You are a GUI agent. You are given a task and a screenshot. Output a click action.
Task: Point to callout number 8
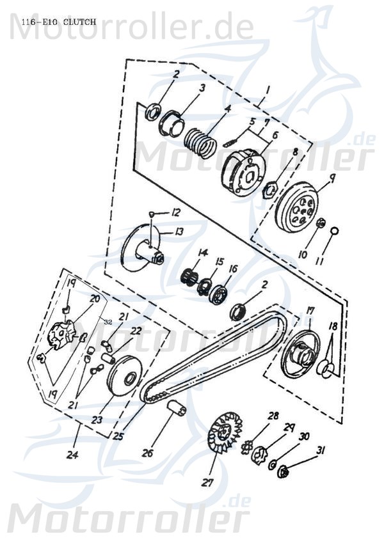point(295,153)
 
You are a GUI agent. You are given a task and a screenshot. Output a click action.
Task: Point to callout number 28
point(273,416)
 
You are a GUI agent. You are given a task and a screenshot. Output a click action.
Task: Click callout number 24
point(74,455)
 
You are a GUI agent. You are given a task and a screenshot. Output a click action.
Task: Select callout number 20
point(95,298)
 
